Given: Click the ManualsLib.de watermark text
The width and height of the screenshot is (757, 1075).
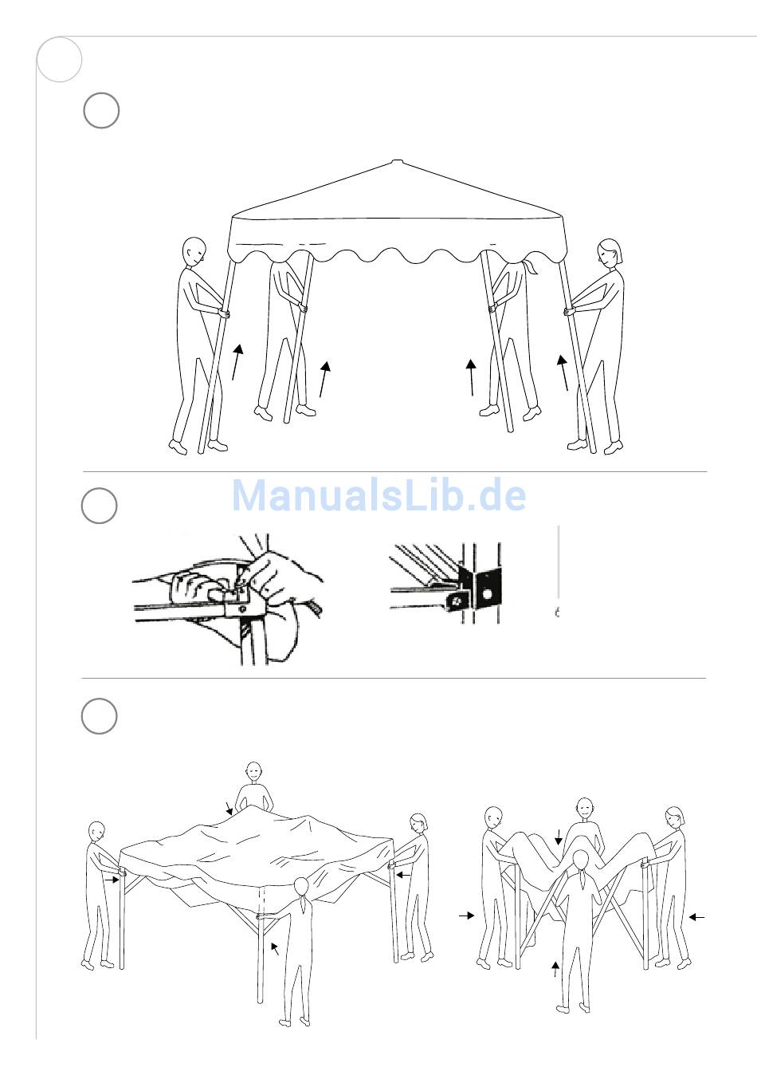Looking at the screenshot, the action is (378, 494).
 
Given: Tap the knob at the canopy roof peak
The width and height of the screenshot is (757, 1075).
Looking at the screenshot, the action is (398, 162).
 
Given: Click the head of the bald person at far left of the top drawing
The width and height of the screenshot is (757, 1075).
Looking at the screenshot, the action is (194, 251).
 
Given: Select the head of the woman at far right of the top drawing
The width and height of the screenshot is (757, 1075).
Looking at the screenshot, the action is (610, 253).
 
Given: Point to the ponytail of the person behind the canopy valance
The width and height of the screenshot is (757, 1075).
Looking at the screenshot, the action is (531, 266).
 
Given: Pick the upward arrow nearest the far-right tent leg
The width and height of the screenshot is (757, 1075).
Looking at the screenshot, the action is (563, 372).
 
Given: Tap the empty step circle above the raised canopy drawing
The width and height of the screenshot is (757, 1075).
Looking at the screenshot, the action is (101, 111).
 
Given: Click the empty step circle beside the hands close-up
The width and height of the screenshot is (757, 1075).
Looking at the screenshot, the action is (100, 506).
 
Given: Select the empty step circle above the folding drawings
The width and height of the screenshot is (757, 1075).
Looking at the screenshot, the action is (100, 715).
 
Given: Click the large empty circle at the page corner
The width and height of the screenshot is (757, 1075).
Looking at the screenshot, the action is (60, 60).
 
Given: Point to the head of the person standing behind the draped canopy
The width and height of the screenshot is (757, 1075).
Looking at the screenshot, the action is (254, 772).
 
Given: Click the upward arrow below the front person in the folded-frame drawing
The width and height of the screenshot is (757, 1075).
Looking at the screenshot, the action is (555, 969).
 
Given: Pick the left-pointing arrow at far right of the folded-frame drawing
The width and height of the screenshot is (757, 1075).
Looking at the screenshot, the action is (696, 917).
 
